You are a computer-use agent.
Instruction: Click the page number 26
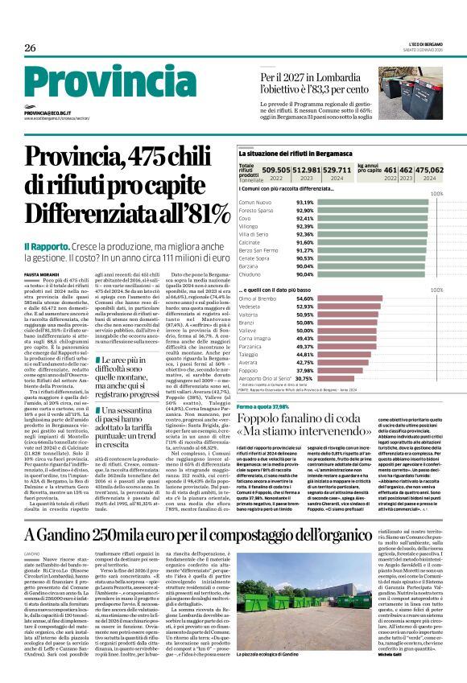(30, 47)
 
